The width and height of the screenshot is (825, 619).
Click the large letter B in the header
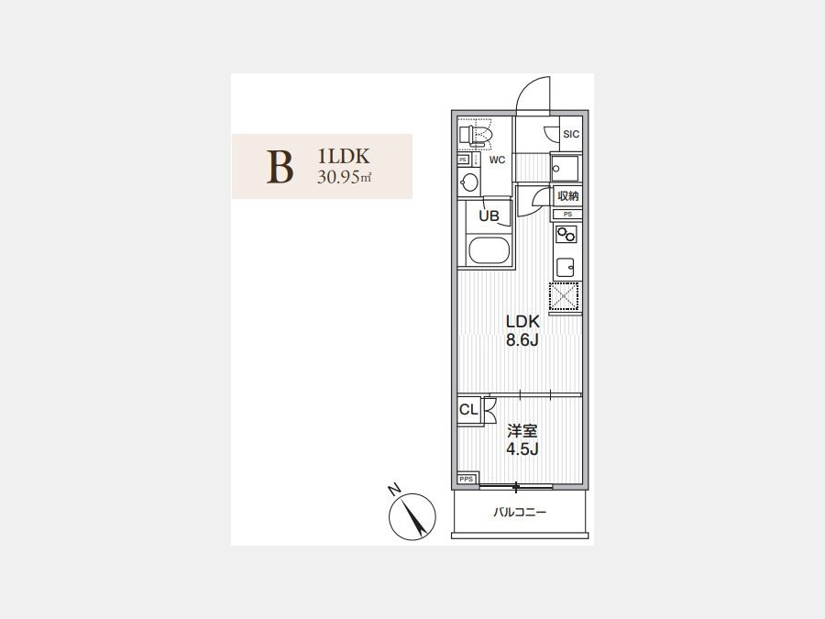pos(280,167)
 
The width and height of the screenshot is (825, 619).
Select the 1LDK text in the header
pos(344,156)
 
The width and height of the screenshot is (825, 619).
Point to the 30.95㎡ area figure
pos(344,177)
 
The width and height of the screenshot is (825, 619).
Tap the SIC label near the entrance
pos(571,134)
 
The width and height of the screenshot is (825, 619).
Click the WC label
pos(497,160)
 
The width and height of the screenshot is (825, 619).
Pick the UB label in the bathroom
pos(489,216)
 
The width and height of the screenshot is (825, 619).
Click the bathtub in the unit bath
pos(489,250)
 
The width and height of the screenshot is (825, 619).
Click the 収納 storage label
pos(568,196)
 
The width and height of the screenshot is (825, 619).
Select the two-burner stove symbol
pos(566,234)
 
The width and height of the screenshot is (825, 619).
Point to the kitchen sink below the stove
pos(566,269)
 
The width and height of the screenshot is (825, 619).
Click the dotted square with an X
pos(564,297)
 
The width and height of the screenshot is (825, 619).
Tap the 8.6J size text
pos(522,340)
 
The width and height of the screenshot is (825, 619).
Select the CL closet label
pos(468,409)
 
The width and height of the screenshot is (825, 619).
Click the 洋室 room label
pos(522,432)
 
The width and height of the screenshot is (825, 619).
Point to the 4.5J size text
pos(522,449)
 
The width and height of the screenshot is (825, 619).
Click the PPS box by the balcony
pos(467,479)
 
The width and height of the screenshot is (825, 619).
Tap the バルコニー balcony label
pos(520,512)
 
